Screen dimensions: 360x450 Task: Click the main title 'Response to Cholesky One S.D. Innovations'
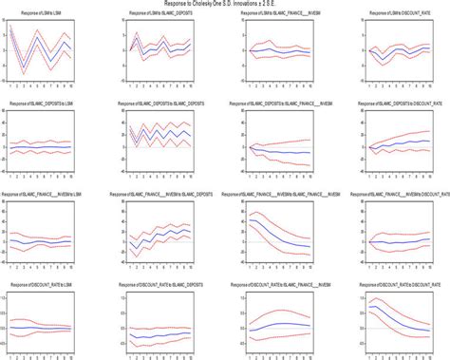224,5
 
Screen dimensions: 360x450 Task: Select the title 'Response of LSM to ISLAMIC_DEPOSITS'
156,15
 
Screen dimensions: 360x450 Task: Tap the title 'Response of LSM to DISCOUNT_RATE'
388,15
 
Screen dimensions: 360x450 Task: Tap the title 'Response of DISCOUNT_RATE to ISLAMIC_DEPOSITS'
156,284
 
